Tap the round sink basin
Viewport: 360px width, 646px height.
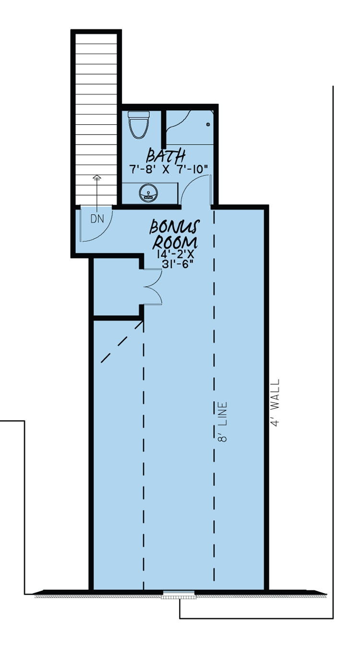point(148,194)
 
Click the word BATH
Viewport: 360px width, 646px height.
point(166,156)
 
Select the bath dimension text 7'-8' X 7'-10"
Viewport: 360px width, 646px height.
point(168,169)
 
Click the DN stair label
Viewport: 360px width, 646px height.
point(97,219)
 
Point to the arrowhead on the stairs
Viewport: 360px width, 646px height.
point(97,178)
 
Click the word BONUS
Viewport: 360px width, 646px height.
point(175,226)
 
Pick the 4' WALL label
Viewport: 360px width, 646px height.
point(275,403)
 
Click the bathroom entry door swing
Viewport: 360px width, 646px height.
point(198,188)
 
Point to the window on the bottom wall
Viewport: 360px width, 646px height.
point(179,594)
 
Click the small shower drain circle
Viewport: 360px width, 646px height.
point(208,125)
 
